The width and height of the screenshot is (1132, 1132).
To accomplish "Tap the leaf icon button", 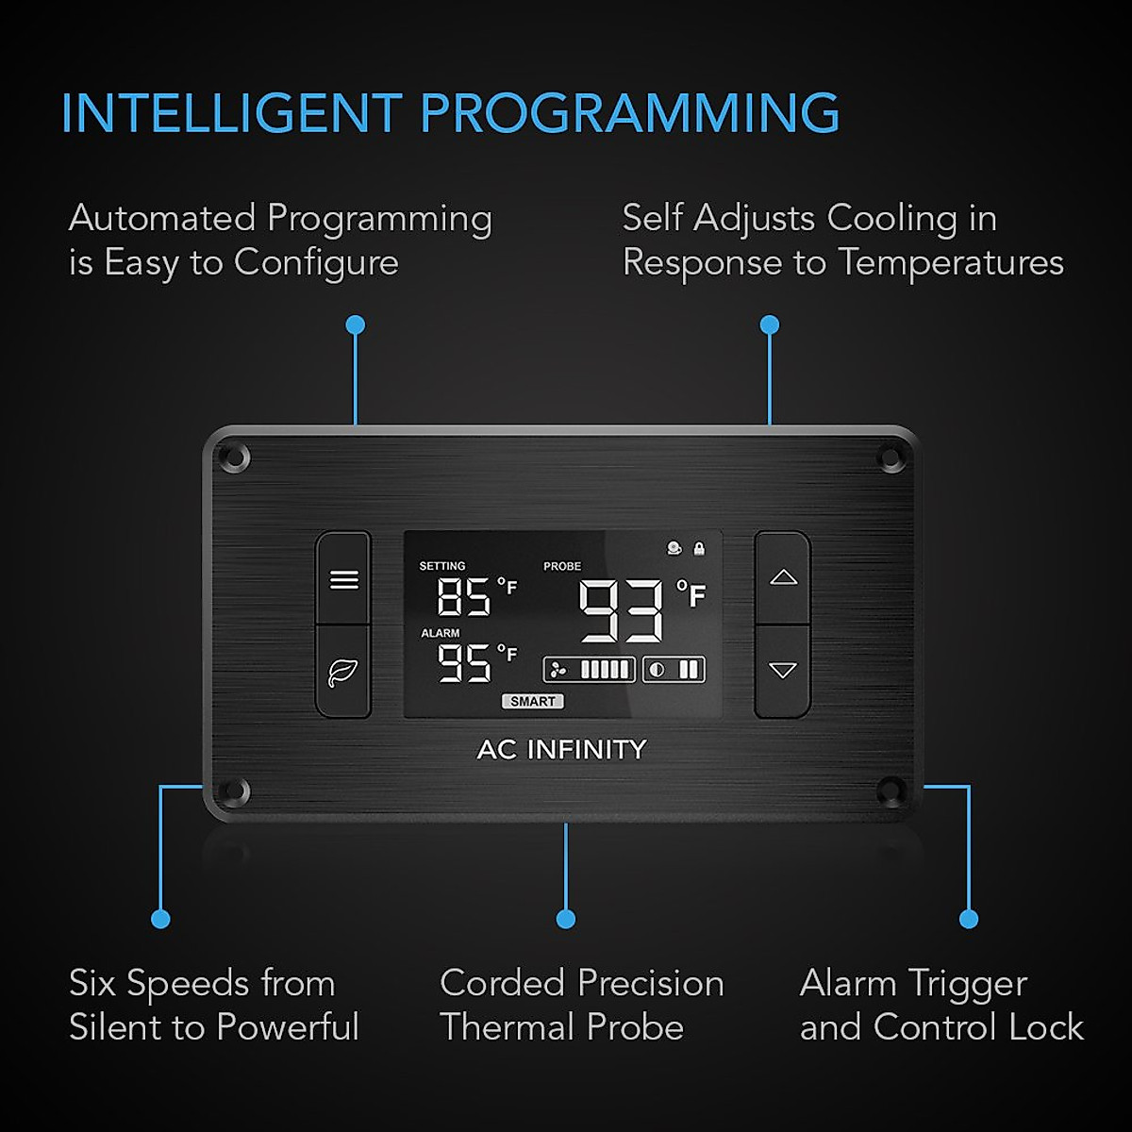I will (343, 672).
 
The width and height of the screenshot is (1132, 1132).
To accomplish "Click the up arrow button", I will (783, 577).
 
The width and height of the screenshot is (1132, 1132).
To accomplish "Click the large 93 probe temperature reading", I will (622, 611).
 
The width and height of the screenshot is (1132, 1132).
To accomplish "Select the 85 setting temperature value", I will (464, 596).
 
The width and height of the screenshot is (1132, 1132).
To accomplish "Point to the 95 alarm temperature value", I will (464, 662).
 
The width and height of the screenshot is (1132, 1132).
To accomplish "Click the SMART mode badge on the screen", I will (533, 701).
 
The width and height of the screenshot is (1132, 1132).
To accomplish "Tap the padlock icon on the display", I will (699, 548).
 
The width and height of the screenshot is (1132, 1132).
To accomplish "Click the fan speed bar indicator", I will (590, 670).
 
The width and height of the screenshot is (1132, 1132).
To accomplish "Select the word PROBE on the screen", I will (562, 566).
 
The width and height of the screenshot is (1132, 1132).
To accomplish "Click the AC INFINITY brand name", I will (562, 749).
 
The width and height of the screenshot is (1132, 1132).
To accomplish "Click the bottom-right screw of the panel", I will (890, 791).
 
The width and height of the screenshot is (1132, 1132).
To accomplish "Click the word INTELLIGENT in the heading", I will (231, 114).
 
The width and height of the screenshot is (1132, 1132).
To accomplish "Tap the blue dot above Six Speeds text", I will (160, 918).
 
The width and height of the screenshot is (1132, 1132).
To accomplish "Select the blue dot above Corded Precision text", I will (566, 918).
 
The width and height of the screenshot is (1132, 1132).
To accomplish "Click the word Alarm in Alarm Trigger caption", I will (847, 984).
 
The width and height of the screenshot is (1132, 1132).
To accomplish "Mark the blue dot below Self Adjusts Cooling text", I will (770, 325).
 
